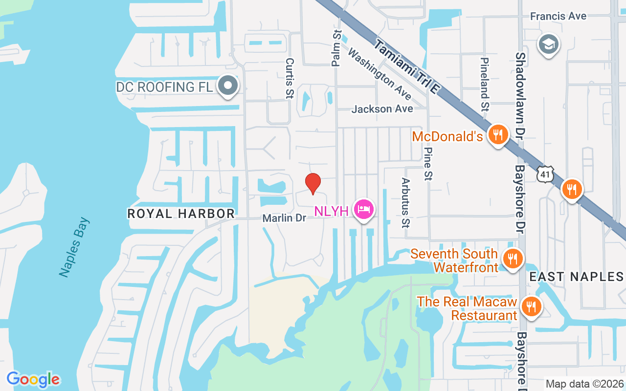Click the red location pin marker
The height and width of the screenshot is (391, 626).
pos(313,184)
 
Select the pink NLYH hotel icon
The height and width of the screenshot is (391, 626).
pos(363,210)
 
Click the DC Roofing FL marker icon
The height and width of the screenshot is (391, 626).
pos(227,86)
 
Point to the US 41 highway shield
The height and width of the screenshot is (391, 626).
pos(545,174)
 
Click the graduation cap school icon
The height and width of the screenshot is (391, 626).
pos(548,45)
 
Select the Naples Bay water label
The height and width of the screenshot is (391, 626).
pos(74,247)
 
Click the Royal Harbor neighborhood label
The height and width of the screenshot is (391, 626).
pos(181,214)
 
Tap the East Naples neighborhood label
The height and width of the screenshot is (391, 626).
pos(577,277)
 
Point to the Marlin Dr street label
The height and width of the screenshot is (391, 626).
pos(284,218)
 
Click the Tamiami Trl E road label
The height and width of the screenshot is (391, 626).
pos(407,66)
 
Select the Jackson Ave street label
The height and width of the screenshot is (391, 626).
pos(382,109)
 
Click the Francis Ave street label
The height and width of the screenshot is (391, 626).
pos(559,16)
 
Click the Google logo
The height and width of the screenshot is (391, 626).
pos(33,379)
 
